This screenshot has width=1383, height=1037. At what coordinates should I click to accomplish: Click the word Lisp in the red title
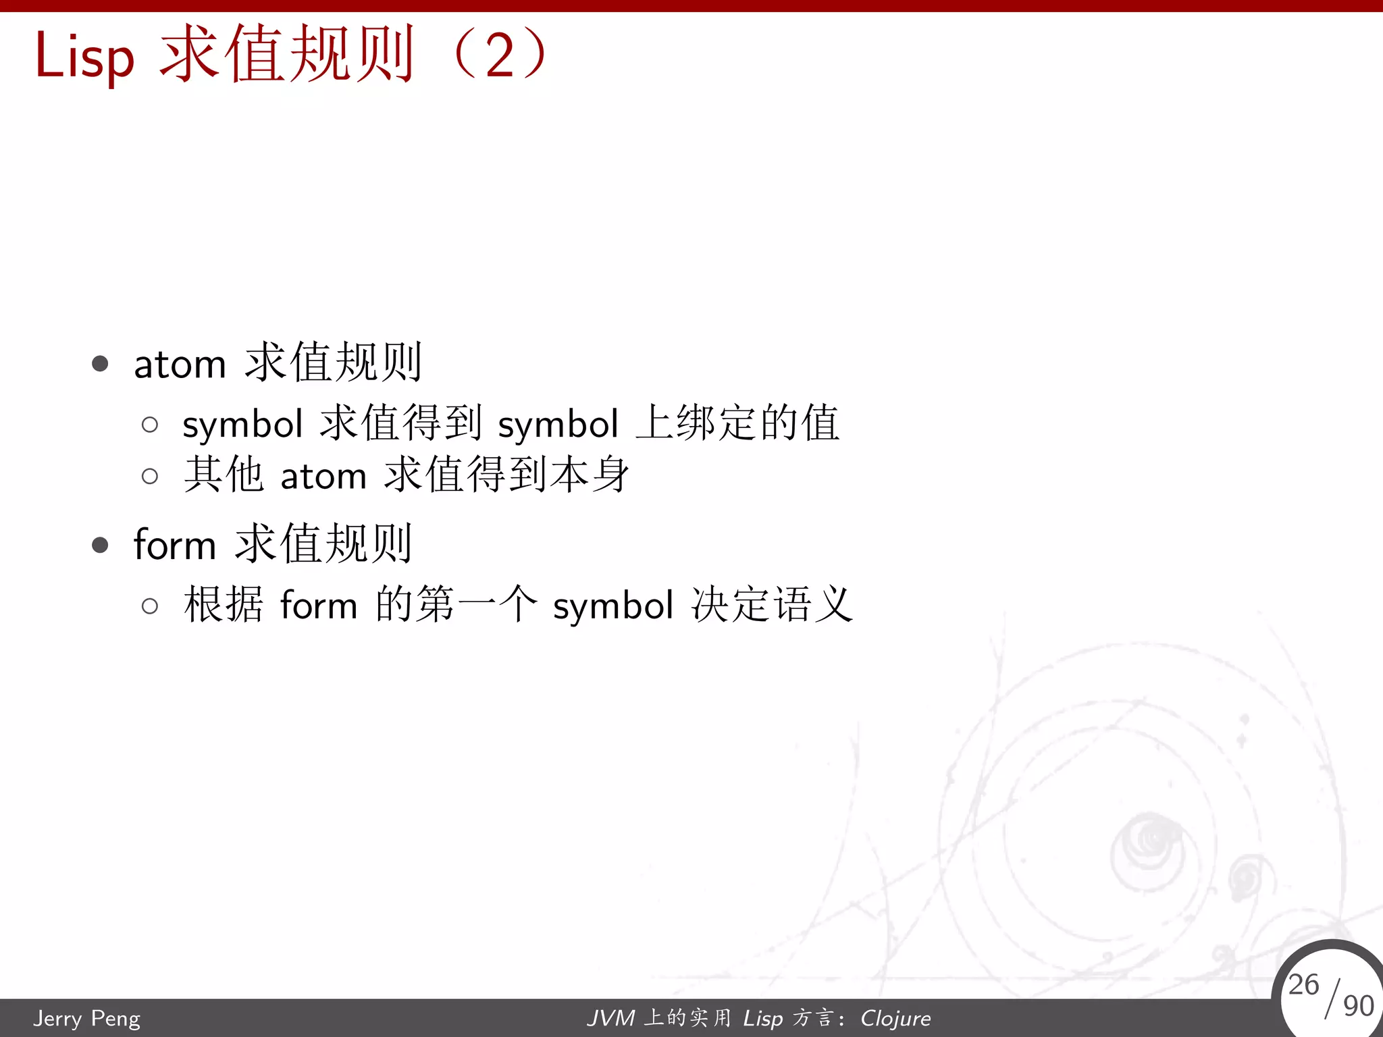tap(84, 57)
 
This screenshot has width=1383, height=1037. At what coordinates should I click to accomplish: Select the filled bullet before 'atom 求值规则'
tap(100, 364)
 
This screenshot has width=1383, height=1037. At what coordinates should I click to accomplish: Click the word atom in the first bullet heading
tap(180, 365)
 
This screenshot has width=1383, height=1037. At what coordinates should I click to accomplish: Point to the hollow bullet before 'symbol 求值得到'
tap(150, 425)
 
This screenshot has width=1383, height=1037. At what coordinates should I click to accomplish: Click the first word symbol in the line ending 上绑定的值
tap(242, 425)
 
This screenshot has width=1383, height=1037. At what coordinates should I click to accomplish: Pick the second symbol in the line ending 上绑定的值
tap(558, 425)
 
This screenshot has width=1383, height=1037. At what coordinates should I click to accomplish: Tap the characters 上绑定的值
tap(737, 423)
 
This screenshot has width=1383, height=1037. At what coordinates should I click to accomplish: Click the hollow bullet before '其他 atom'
tap(150, 477)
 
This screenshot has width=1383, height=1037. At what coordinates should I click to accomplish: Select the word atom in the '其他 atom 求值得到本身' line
tap(323, 477)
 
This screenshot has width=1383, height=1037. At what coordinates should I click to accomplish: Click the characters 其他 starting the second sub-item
tap(224, 475)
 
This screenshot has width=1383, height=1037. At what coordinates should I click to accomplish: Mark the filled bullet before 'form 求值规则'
tap(100, 545)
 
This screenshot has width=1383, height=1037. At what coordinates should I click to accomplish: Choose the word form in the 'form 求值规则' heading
tap(175, 544)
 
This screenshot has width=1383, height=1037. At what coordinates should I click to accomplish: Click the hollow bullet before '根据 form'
tap(150, 606)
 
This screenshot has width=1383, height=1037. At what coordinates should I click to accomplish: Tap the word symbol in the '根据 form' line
tap(613, 606)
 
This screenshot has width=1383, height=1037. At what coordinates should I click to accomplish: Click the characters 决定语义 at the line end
tap(772, 604)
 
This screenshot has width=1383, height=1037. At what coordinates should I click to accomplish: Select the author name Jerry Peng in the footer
tap(87, 1018)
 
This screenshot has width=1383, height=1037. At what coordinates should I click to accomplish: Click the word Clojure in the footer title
tap(895, 1018)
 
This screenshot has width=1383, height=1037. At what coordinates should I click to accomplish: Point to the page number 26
tap(1303, 984)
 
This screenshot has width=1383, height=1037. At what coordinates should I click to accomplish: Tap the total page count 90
tap(1359, 1006)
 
